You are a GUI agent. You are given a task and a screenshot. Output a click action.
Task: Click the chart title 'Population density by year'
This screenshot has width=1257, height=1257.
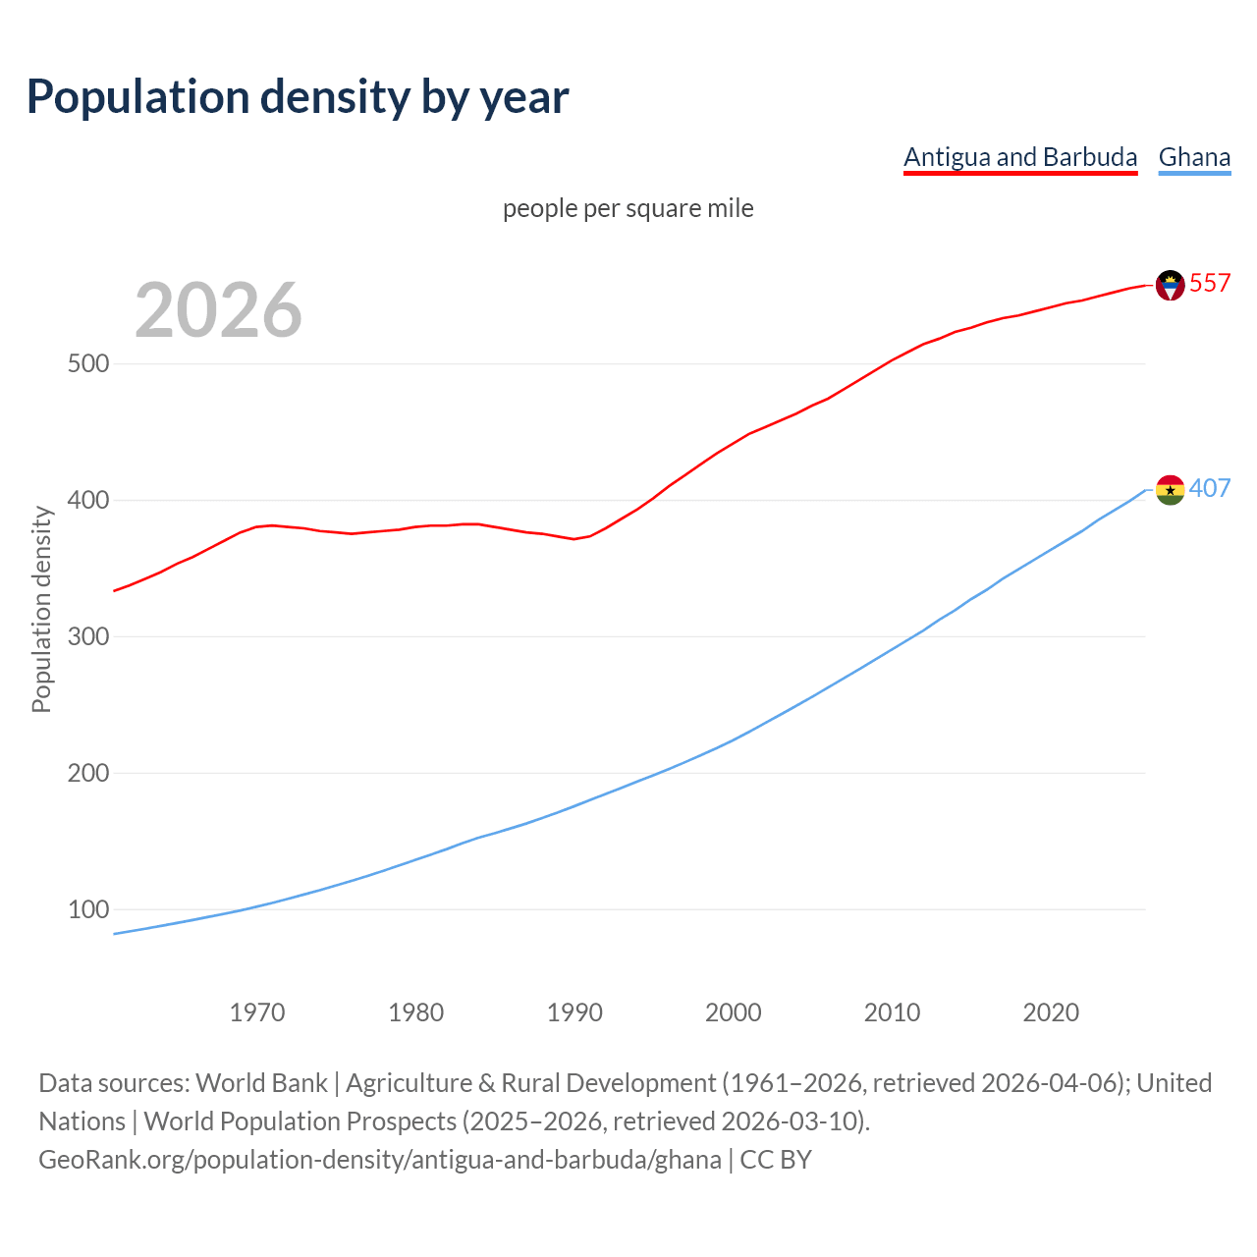point(298,96)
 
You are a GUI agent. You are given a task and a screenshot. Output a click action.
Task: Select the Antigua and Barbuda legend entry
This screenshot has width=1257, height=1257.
point(1020,157)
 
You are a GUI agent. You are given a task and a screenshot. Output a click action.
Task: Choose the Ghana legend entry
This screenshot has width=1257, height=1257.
point(1194,157)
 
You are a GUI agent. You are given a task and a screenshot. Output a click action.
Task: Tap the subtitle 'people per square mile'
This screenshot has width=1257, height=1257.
point(628,208)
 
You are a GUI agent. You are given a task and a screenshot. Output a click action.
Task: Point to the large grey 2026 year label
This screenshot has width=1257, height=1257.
point(218,310)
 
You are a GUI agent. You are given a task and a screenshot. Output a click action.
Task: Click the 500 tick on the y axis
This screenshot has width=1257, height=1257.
point(87,364)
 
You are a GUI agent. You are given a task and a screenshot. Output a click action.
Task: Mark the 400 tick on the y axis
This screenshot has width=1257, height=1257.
point(87,501)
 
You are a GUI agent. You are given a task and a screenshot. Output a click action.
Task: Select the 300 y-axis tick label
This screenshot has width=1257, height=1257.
point(87,637)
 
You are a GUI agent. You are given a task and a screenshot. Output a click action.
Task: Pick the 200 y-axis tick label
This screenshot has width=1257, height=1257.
point(87,774)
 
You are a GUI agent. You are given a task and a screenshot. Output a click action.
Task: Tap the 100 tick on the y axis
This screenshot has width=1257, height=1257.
point(87,910)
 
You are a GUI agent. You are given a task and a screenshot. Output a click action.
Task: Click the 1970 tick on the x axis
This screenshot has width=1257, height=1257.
point(257,1012)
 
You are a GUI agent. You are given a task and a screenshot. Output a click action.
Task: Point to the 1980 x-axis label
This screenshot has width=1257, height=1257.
point(416,1012)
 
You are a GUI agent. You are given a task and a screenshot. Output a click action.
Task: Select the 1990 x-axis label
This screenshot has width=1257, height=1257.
point(574,1012)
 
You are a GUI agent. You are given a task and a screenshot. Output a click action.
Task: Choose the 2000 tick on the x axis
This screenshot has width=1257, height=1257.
point(734,1012)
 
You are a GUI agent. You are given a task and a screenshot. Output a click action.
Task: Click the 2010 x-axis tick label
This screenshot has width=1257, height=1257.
point(892,1012)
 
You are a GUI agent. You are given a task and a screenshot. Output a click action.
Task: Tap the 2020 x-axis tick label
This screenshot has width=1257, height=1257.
point(1051,1012)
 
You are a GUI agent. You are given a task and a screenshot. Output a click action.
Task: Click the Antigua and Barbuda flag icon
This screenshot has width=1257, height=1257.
point(1170,285)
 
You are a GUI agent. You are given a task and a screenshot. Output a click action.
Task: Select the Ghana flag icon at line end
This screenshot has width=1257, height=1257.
point(1170,489)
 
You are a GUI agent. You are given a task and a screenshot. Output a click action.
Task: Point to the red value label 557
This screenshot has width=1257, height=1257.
point(1210,284)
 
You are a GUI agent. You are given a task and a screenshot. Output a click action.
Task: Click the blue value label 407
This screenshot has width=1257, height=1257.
point(1210,489)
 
